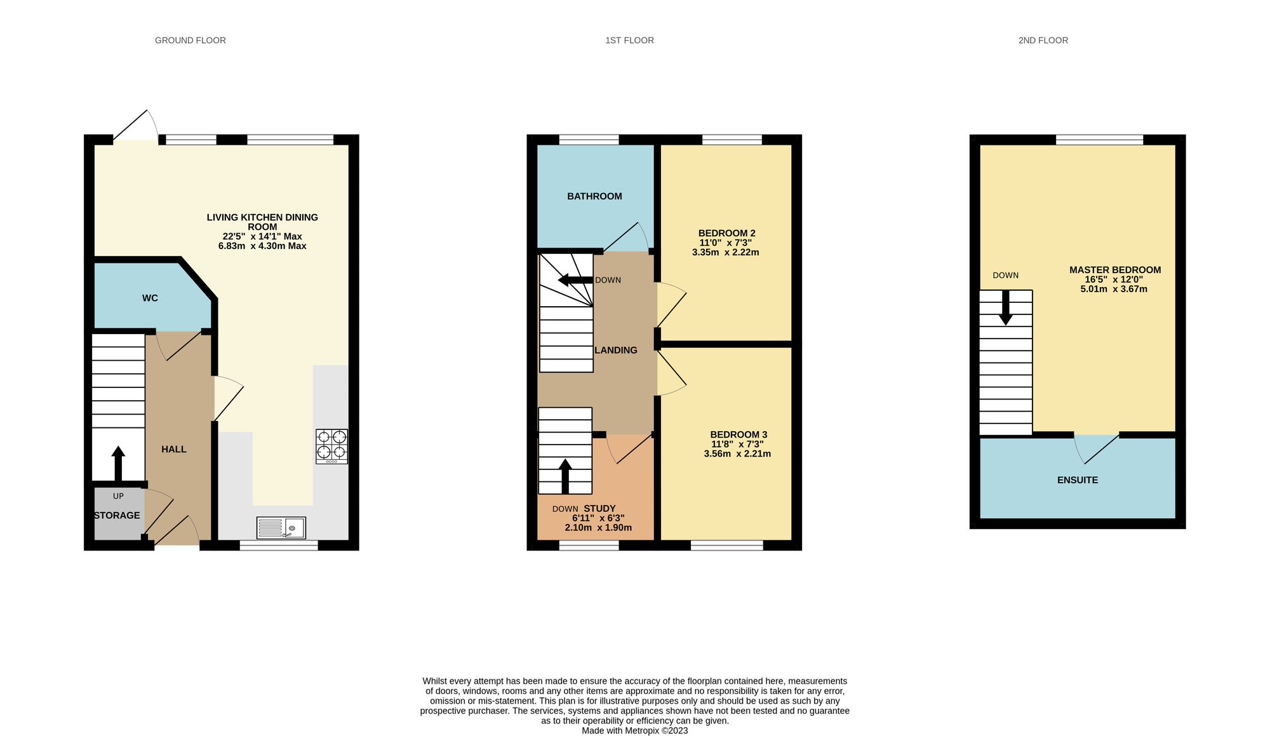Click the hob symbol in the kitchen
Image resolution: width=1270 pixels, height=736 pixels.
331,446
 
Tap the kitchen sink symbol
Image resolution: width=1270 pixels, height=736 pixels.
281,528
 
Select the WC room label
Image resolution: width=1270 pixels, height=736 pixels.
150,298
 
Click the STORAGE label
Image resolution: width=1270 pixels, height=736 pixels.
117,515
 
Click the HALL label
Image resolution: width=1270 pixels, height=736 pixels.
173,449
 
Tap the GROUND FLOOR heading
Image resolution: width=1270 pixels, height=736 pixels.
190,40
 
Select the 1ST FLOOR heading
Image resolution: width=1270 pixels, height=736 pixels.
629,40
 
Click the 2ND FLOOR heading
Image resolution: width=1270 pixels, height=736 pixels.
1043,40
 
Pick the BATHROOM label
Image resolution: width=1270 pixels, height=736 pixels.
594,196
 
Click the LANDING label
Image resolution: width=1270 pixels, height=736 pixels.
615,350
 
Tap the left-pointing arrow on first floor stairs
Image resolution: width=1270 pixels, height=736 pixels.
575,280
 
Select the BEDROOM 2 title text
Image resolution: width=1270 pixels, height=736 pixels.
726,233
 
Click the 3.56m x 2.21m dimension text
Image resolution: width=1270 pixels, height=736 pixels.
737,454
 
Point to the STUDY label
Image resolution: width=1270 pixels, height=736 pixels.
599,508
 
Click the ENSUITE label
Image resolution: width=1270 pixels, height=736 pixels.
1077,480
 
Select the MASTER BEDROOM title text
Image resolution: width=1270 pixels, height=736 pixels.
1114,270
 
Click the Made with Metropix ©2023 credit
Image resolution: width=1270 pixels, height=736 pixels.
634,730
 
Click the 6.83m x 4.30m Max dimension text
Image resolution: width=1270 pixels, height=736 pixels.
262,246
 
